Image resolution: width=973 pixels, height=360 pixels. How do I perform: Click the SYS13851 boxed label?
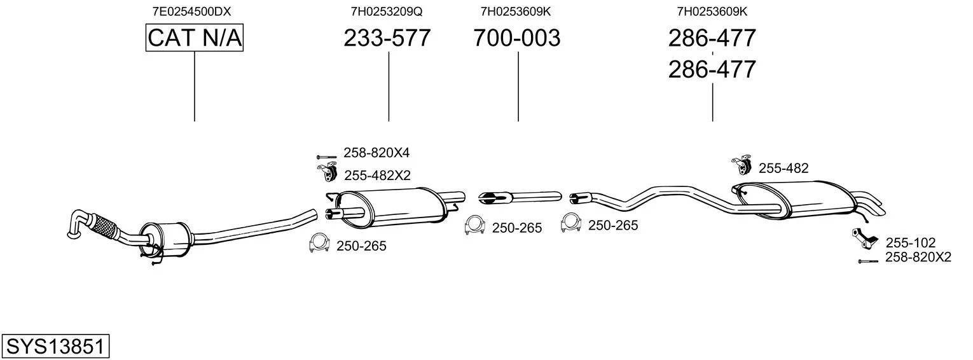click(55, 346)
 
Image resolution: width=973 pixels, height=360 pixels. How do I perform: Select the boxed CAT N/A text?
click(194, 38)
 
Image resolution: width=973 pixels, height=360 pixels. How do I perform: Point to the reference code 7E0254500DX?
click(191, 11)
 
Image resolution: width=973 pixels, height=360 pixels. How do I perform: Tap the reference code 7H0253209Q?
click(387, 11)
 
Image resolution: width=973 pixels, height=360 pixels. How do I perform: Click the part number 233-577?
click(387, 38)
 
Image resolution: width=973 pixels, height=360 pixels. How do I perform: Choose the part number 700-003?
click(517, 38)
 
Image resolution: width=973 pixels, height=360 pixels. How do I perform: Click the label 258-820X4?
click(376, 153)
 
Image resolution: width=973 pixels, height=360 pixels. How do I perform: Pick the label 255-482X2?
click(377, 176)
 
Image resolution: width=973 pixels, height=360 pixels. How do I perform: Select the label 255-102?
click(911, 242)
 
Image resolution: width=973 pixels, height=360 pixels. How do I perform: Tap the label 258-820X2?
click(918, 257)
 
